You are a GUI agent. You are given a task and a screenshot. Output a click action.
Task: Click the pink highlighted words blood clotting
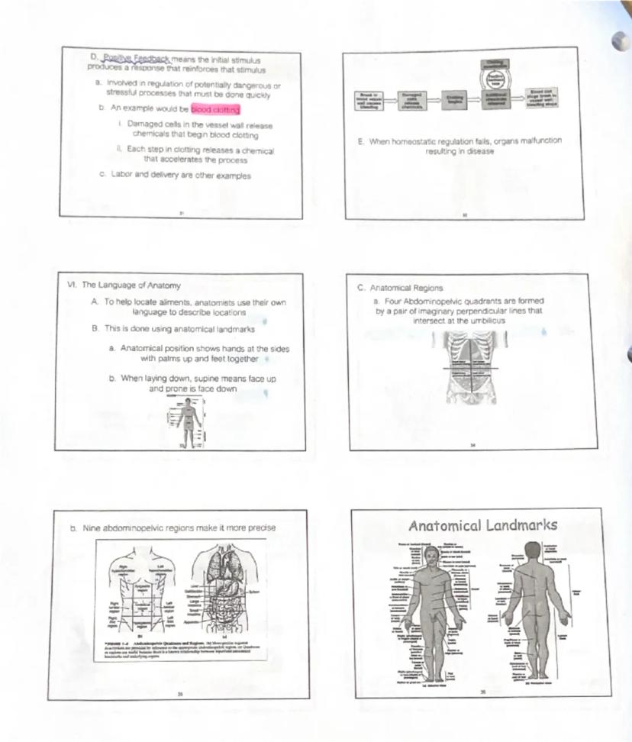[x=215, y=109]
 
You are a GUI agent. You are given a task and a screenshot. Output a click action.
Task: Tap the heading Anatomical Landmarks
[x=482, y=525]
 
